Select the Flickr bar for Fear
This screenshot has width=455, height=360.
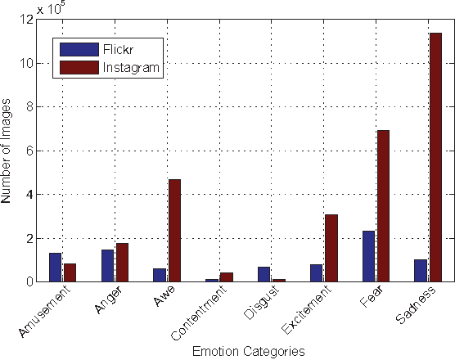[369, 256]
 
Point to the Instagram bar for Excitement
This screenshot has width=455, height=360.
[331, 248]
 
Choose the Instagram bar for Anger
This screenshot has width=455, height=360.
[122, 262]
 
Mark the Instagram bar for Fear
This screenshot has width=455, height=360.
[383, 205]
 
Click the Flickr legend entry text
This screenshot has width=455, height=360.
[115, 48]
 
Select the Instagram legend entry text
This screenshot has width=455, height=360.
[127, 67]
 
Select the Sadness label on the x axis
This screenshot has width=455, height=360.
[417, 304]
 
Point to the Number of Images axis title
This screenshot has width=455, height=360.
[8, 151]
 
